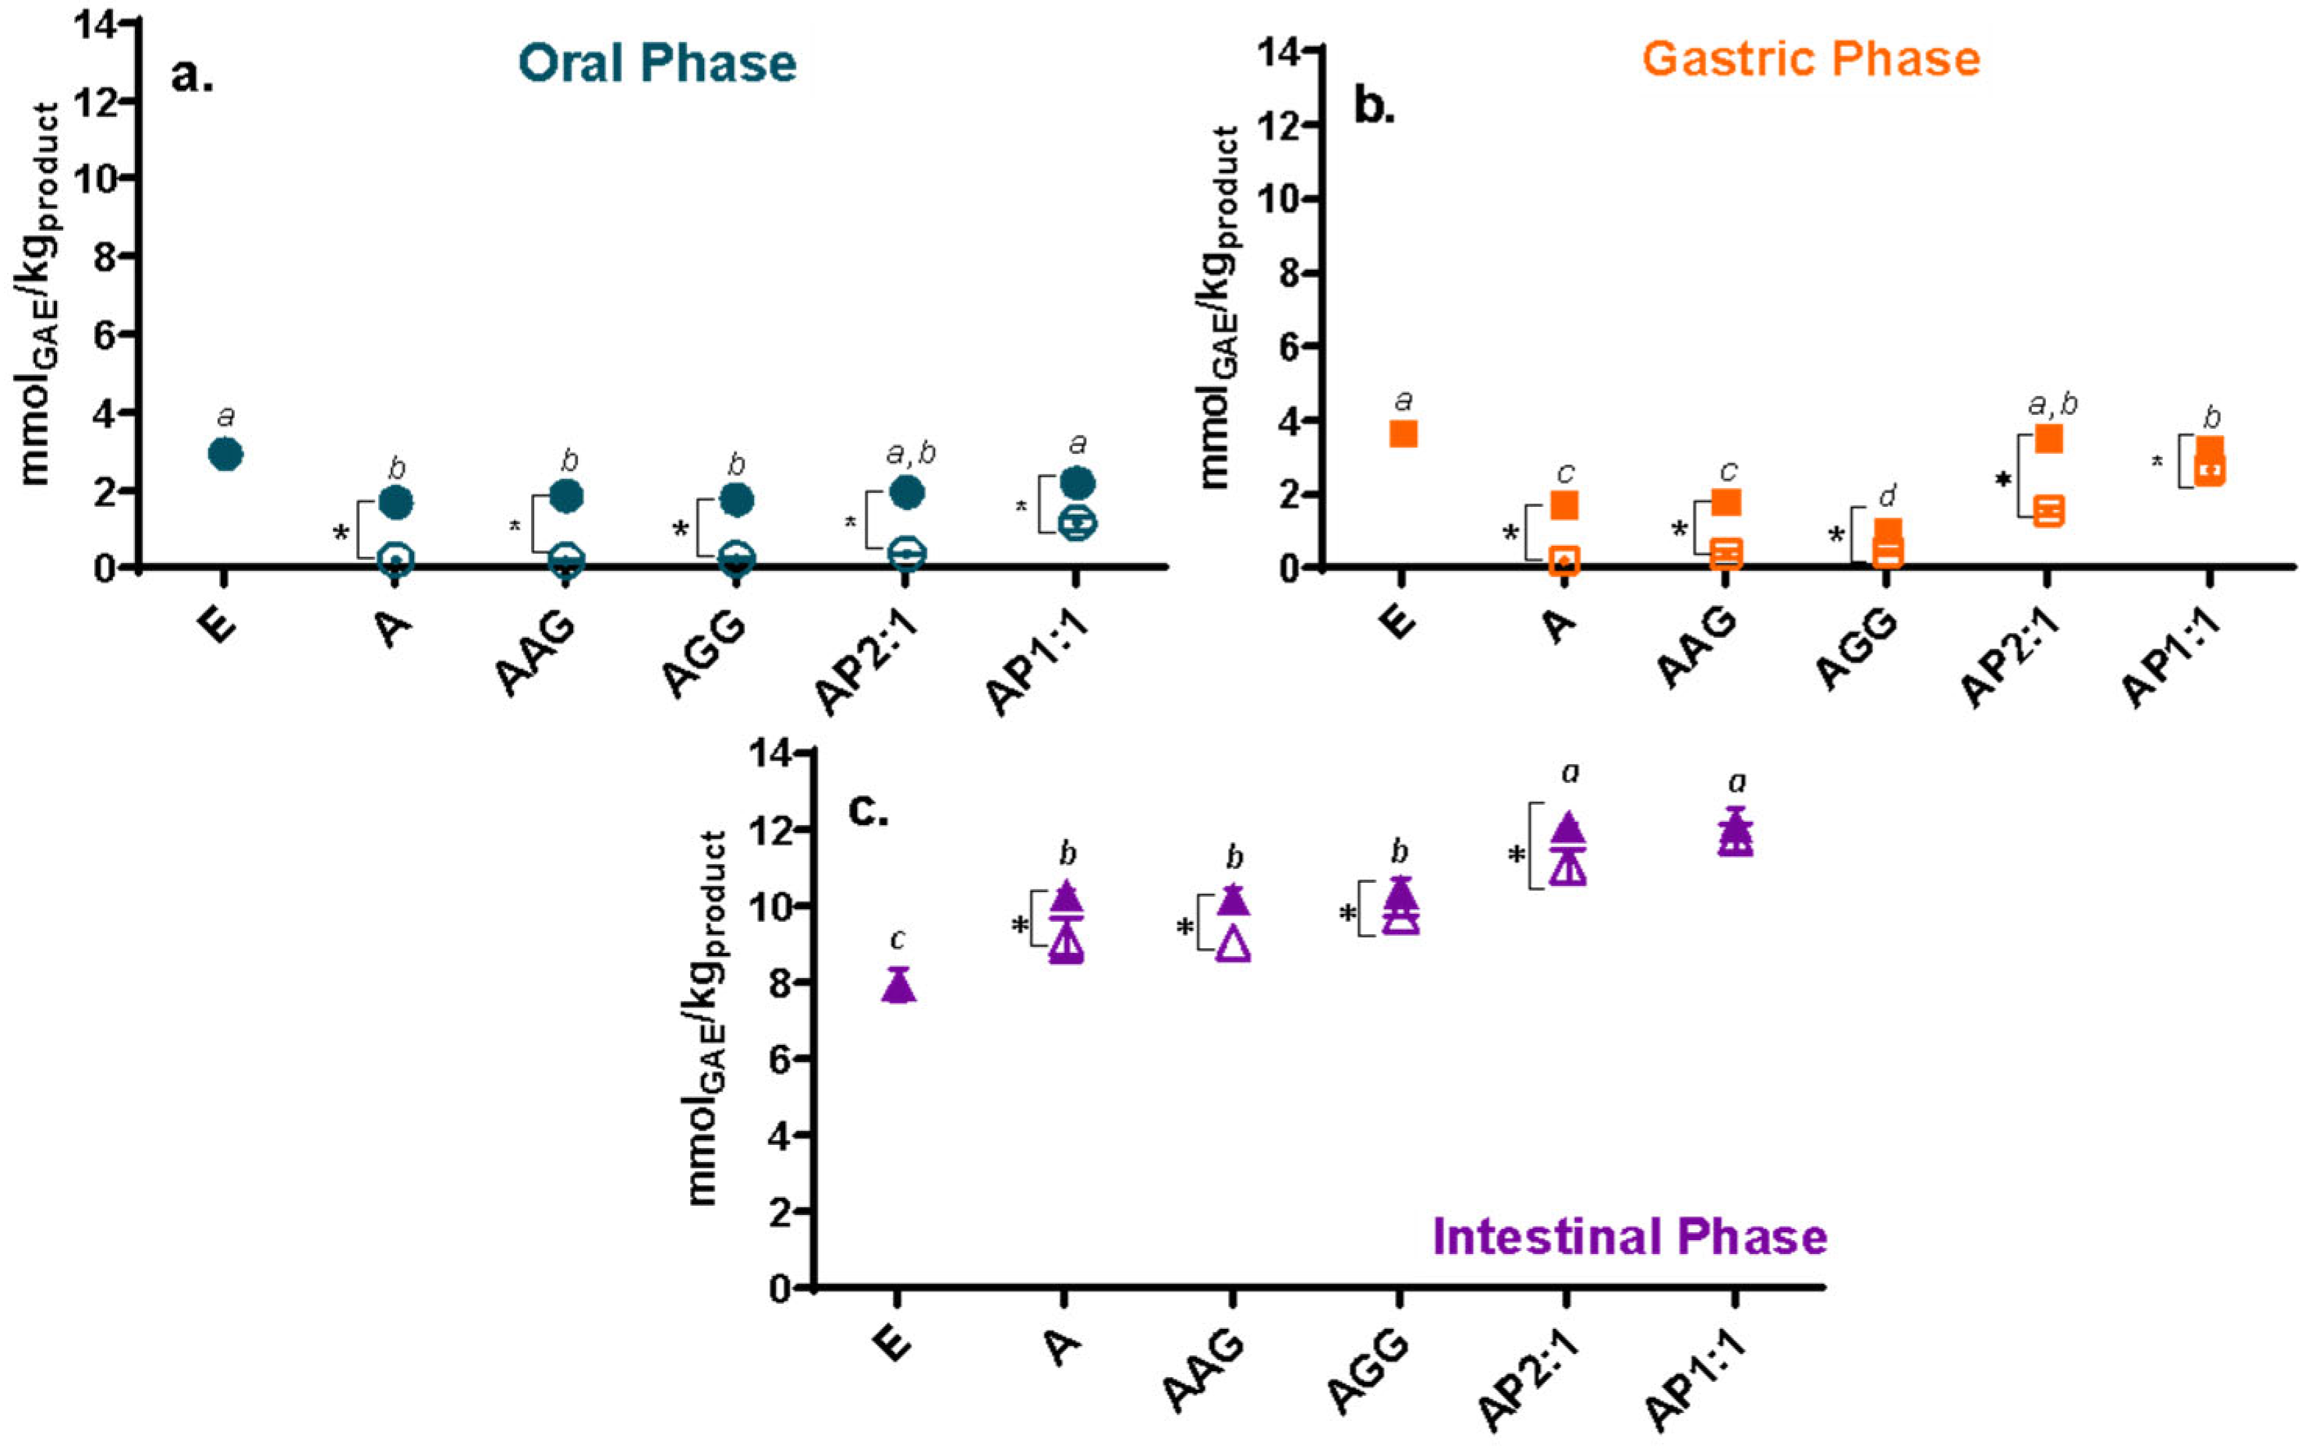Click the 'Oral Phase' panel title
pyautogui.click(x=657, y=63)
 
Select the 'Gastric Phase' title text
pyautogui.click(x=1811, y=59)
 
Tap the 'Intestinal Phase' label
pyautogui.click(x=1630, y=1236)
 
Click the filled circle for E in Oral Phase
pyautogui.click(x=225, y=453)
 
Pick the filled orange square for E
pyautogui.click(x=1403, y=434)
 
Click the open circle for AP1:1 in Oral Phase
pyautogui.click(x=1077, y=523)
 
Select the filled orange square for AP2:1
pyautogui.click(x=2048, y=439)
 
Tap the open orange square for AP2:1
pyautogui.click(x=2048, y=511)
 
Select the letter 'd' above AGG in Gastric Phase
pyautogui.click(x=1888, y=497)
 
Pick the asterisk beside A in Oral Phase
pyautogui.click(x=341, y=533)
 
